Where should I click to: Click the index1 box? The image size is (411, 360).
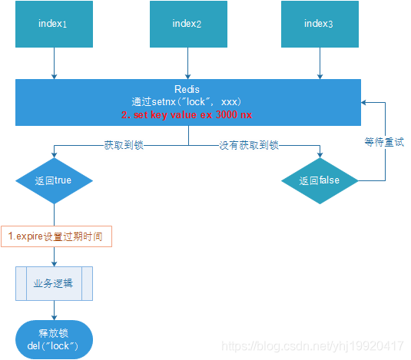pos(54,25)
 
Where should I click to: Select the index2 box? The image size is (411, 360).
pos(187,25)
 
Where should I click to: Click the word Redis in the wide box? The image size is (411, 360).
pos(187,90)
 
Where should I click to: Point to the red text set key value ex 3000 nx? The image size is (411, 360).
pos(187,114)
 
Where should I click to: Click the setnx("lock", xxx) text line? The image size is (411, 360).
pos(187,101)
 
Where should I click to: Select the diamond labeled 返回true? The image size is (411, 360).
pos(54,181)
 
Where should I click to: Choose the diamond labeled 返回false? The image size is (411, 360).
pos(319,181)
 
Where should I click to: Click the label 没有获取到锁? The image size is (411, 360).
pos(249,144)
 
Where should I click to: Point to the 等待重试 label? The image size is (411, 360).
pos(384,143)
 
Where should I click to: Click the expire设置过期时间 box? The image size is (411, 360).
pos(57,236)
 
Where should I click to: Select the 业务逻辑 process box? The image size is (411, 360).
pos(54,282)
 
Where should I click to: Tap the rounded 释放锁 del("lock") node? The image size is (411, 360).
pos(54,339)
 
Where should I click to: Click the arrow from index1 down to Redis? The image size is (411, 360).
pos(54,64)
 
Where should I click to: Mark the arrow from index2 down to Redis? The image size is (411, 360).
pos(187,64)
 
